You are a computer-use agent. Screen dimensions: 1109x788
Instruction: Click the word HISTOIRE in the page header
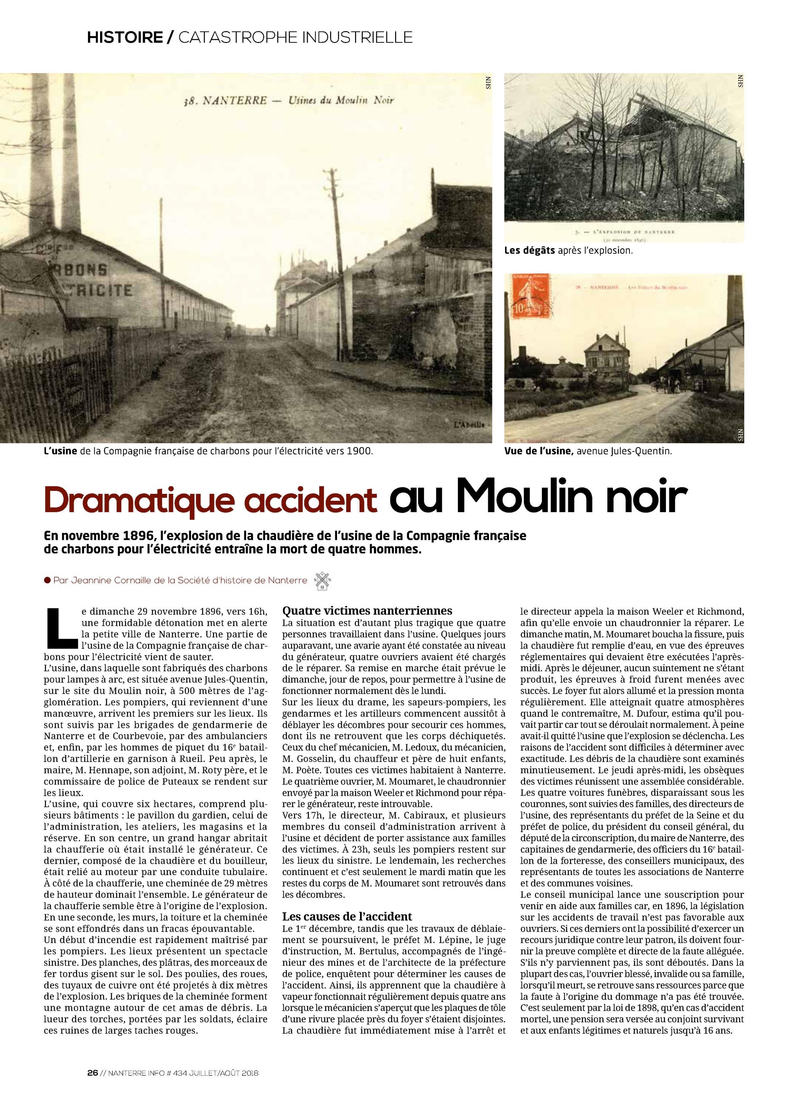click(125, 37)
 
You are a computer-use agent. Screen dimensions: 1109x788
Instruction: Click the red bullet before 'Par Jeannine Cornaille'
click(47, 580)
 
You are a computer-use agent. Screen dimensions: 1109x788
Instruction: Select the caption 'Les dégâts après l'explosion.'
click(569, 251)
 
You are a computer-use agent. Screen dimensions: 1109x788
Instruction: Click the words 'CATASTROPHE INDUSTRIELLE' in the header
click(295, 37)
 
